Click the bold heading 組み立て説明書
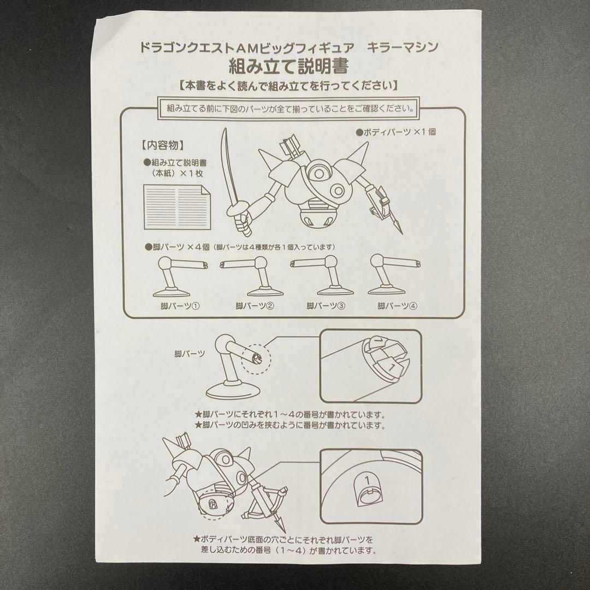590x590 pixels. [289, 66]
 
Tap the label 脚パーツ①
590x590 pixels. [180, 306]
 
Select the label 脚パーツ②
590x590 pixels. [255, 306]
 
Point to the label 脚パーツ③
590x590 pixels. [326, 306]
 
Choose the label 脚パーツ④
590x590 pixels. [397, 306]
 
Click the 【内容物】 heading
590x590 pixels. [163, 145]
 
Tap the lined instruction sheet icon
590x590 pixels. [177, 207]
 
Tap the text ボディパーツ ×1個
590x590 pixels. [396, 132]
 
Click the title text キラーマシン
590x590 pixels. [403, 48]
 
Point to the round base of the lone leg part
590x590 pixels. [231, 391]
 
